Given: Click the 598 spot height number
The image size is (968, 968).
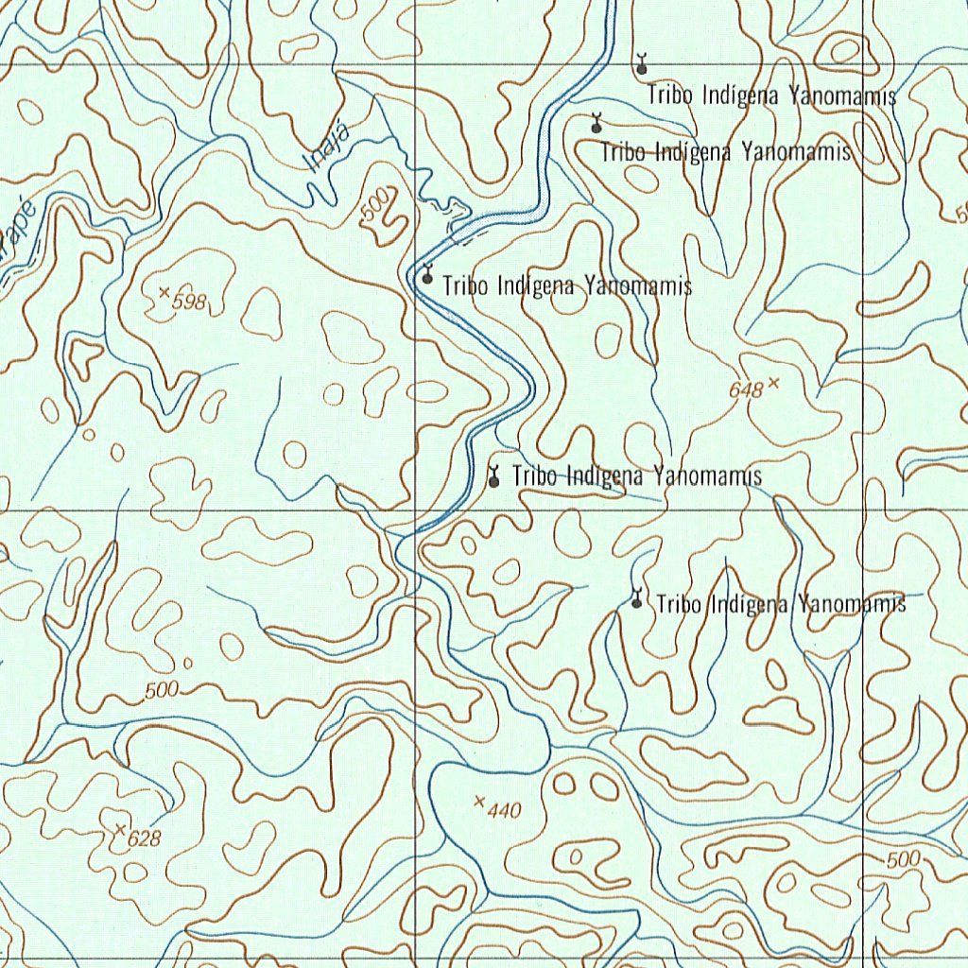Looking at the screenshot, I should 190,302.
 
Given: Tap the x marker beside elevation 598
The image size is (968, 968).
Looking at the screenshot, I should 164,293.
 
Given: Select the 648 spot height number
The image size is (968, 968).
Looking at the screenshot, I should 746,389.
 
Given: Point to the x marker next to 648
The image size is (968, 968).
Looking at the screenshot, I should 774,382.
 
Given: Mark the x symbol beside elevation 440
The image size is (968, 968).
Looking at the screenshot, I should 479,802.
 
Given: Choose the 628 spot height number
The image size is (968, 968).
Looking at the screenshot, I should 145,838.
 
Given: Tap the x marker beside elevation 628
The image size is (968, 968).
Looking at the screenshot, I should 119,829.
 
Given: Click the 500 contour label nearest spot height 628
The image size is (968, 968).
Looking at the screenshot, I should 162,691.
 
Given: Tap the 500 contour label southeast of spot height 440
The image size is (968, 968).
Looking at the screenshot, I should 904,859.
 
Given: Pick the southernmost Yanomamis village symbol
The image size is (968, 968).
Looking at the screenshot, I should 637,599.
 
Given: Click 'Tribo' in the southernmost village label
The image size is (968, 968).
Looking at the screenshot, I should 679,603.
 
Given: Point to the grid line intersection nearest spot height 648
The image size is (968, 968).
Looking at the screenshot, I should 864,510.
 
